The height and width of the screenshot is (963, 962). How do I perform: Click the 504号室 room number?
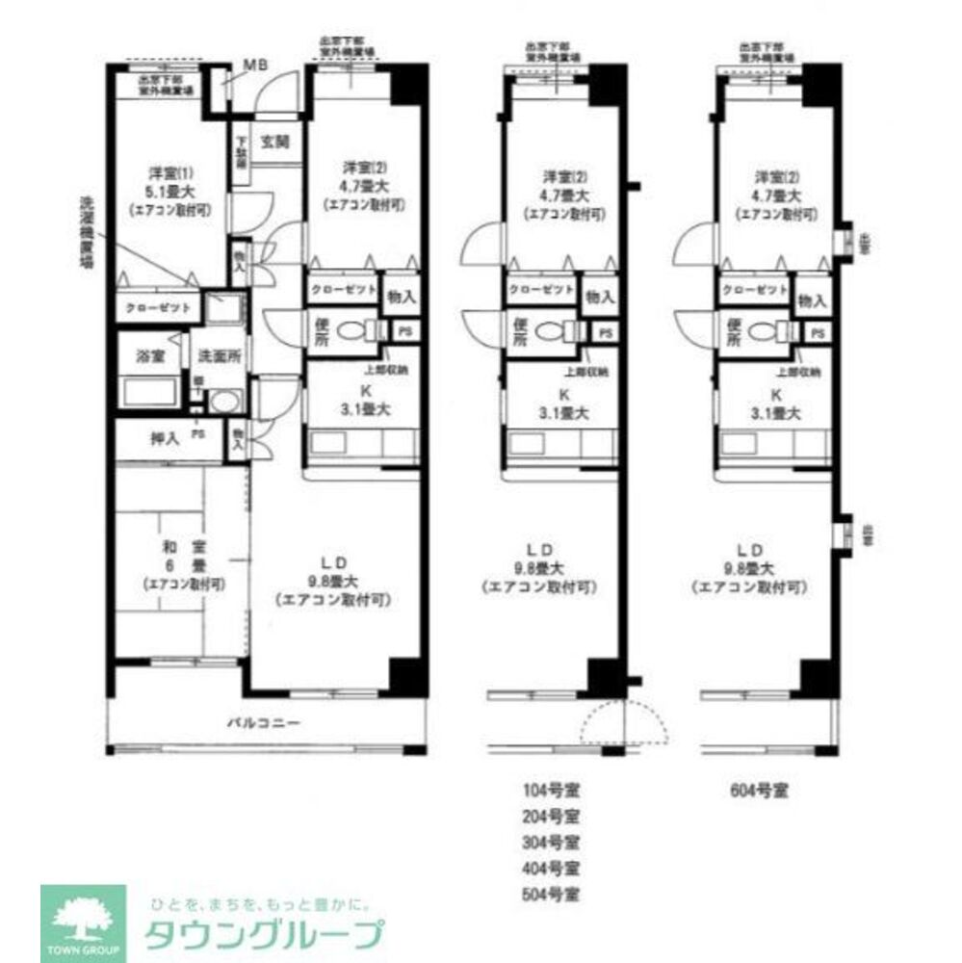pos(552,893)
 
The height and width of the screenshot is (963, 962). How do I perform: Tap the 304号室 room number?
pos(552,842)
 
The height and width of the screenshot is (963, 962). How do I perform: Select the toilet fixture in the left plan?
pos(358,331)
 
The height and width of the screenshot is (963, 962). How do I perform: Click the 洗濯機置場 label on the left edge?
pos(87,235)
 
